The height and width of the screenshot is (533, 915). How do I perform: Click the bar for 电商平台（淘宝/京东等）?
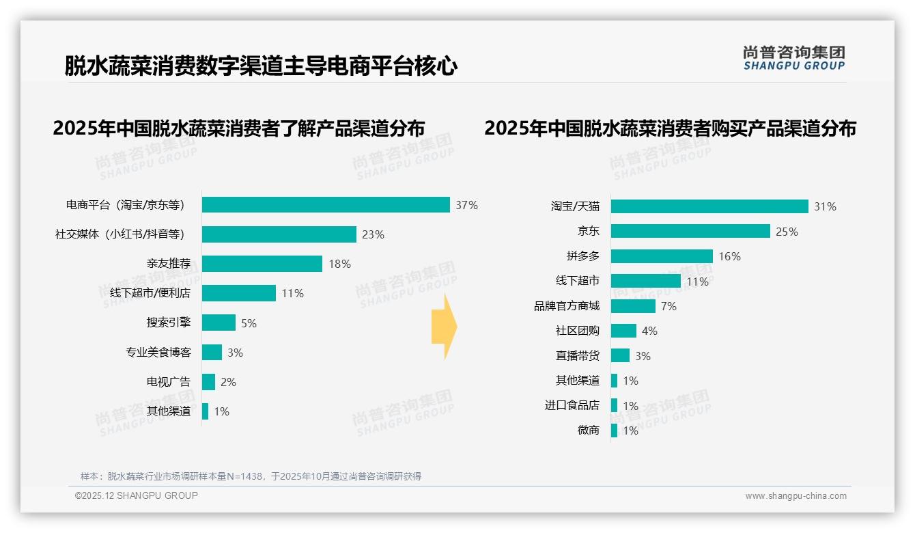[x=326, y=205]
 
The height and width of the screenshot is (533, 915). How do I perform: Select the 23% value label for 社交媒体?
[x=374, y=234]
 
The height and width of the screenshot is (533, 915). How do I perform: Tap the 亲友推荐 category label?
[x=169, y=264]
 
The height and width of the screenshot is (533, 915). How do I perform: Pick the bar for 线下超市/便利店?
[x=239, y=293]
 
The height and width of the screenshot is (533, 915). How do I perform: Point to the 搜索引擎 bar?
[x=219, y=323]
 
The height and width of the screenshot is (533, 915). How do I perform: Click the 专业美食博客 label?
[x=158, y=353]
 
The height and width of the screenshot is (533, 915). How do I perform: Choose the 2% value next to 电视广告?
[x=228, y=382]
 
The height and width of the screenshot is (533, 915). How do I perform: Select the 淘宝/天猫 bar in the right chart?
[x=709, y=206]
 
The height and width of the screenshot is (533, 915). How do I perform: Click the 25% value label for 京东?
[x=787, y=232]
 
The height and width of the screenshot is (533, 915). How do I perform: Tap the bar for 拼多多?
[x=662, y=256]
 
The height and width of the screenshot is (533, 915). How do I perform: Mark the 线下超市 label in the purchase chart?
[x=578, y=281]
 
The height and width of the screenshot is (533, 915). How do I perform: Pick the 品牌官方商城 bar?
[x=633, y=306]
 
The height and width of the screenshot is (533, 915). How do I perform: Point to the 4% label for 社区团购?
[x=649, y=331]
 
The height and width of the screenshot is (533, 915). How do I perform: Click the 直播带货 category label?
[x=578, y=355]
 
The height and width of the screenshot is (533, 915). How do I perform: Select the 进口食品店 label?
[x=572, y=405]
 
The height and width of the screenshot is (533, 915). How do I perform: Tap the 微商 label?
[x=589, y=430]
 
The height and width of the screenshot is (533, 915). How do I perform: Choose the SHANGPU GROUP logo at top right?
[x=794, y=58]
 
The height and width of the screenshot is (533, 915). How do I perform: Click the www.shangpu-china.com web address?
[x=796, y=496]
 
